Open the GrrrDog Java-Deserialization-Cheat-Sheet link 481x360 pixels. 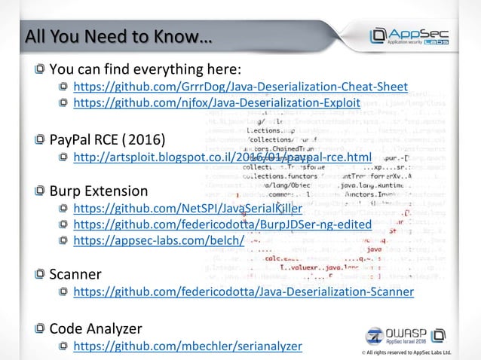coord(240,87)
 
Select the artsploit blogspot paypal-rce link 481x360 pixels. coord(222,157)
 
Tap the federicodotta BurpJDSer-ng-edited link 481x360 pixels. coord(222,224)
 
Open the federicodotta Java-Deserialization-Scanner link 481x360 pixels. coord(243,291)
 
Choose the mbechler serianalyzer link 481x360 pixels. coord(187,346)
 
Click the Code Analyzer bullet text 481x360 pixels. coord(97,328)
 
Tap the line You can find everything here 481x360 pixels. coord(145,69)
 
